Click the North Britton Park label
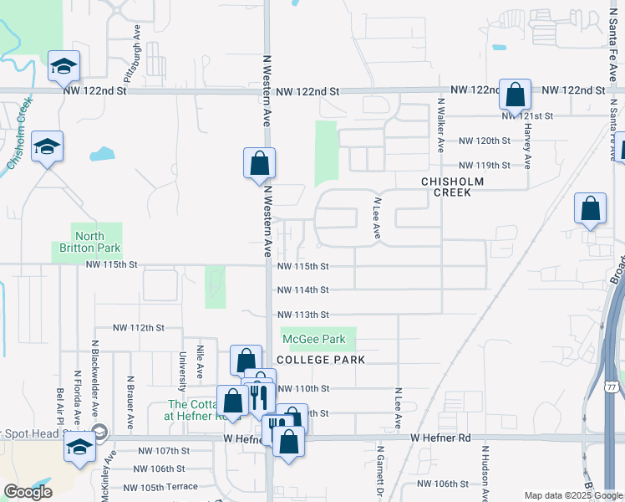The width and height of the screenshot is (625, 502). pyautogui.click(x=88, y=242)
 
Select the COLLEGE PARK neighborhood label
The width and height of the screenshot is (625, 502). pyautogui.click(x=321, y=360)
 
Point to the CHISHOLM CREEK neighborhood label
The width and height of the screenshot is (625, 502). pyautogui.click(x=446, y=187)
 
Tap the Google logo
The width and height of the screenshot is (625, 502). pyautogui.click(x=27, y=491)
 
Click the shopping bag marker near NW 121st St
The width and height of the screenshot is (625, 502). pyautogui.click(x=516, y=95)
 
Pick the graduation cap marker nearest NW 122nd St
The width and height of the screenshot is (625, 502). pyautogui.click(x=64, y=66)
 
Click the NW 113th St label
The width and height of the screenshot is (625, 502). pyautogui.click(x=302, y=315)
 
